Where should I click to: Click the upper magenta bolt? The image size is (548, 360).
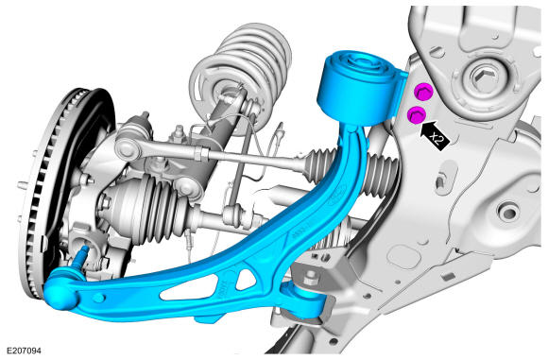(423, 92)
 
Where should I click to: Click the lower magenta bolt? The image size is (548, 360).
(417, 115)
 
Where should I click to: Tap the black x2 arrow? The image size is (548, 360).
(436, 134)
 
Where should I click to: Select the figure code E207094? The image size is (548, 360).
(24, 351)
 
